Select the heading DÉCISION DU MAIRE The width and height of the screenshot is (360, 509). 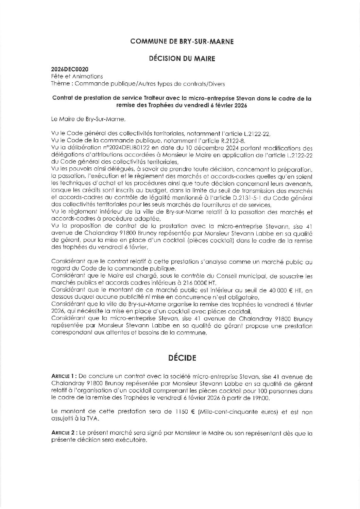click(182, 59)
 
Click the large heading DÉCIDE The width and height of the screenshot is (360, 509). click(182, 358)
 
